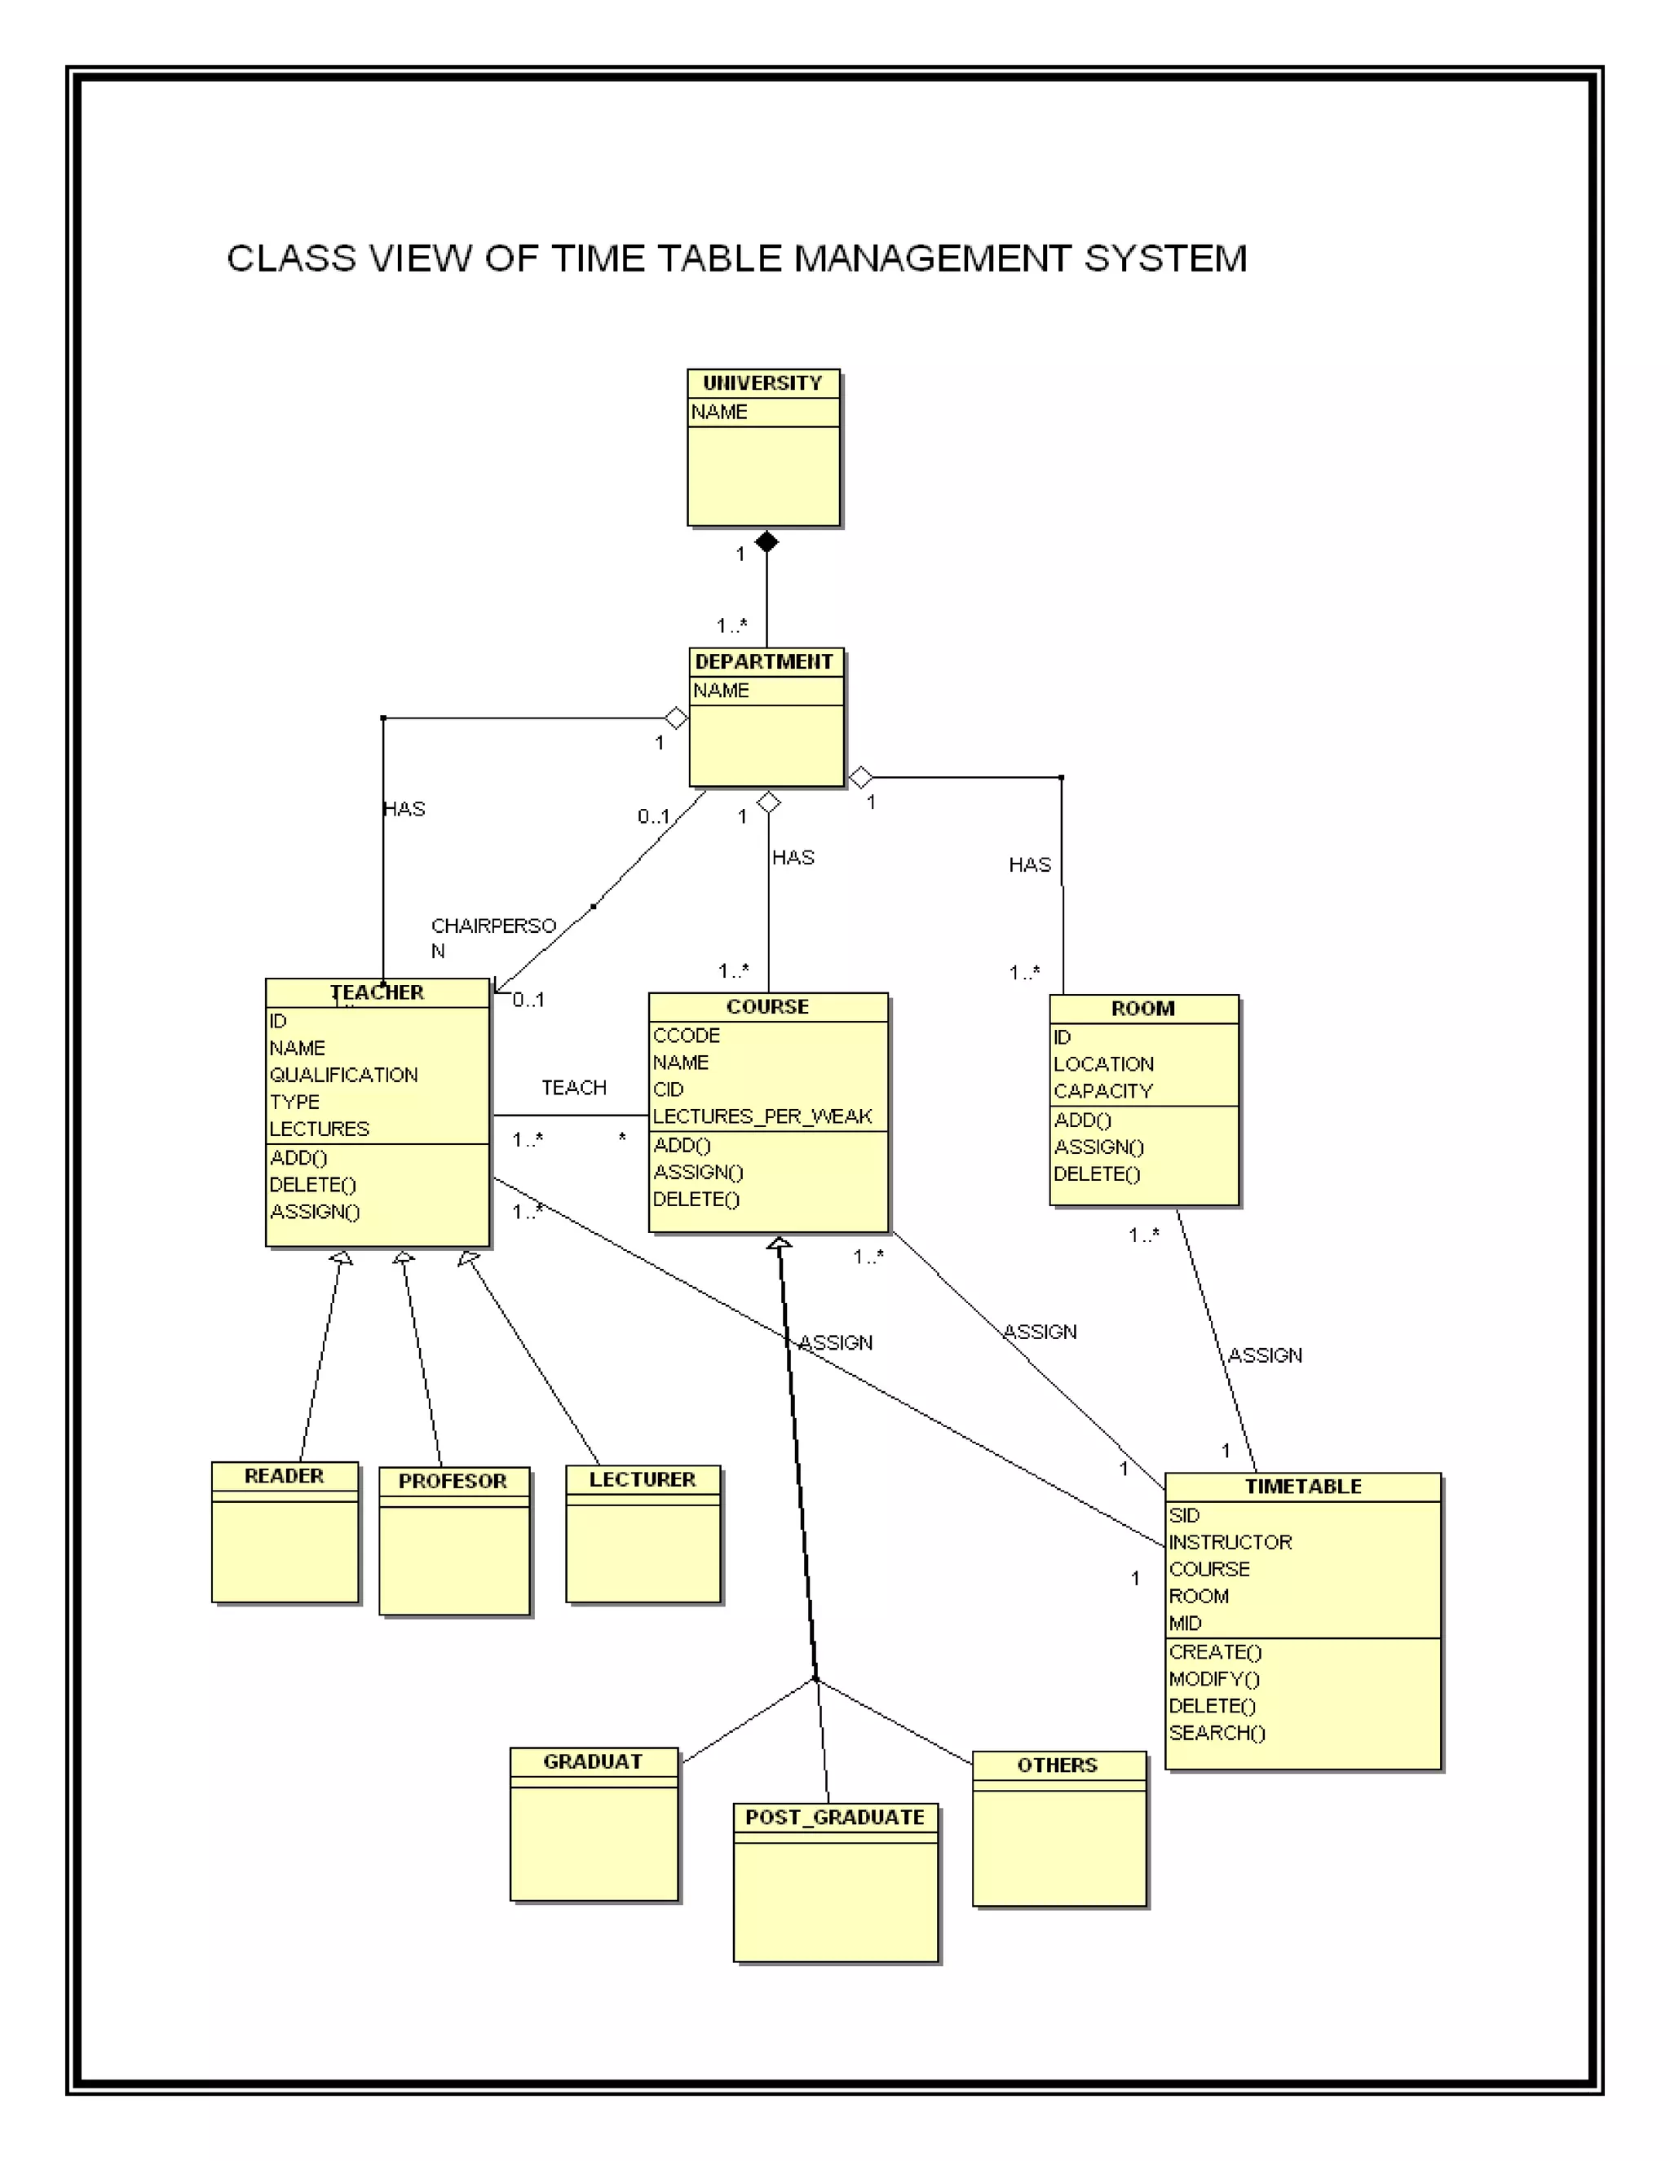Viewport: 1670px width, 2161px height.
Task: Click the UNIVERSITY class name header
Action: (x=762, y=383)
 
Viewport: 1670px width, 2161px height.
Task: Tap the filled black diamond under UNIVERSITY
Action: (x=766, y=541)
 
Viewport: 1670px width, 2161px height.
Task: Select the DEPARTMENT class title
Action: (x=764, y=661)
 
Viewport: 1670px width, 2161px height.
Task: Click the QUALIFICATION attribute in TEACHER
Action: (x=343, y=1075)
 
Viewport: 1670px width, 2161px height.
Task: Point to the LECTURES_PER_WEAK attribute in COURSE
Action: (x=762, y=1116)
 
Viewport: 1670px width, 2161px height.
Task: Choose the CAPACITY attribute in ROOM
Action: (x=1102, y=1090)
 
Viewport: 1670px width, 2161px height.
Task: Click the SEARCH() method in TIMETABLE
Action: (x=1216, y=1733)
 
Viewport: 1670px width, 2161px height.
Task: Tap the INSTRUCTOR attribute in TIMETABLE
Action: (x=1230, y=1541)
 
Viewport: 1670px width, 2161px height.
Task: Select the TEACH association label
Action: (x=574, y=1087)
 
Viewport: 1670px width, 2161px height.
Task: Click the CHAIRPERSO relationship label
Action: (x=493, y=926)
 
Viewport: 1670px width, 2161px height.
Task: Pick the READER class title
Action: (x=284, y=1475)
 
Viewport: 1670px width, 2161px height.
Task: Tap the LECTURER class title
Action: (x=642, y=1479)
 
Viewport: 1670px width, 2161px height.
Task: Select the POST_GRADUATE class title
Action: (x=834, y=1817)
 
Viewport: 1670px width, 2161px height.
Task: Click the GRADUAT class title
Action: (x=592, y=1761)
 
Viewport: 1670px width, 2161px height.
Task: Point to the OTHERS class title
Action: (x=1057, y=1765)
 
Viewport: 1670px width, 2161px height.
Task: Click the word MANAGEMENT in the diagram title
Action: (x=933, y=259)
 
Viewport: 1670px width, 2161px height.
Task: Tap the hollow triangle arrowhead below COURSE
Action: (x=779, y=1243)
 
